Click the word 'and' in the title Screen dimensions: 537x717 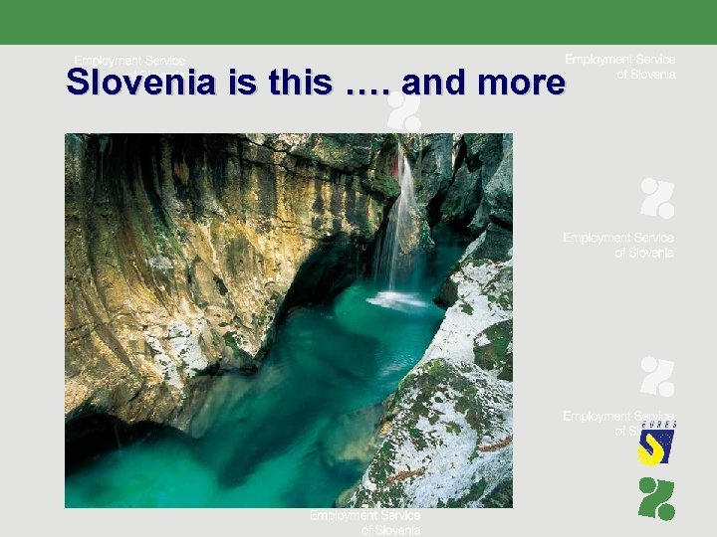point(432,84)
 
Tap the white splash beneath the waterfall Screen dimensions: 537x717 point(396,299)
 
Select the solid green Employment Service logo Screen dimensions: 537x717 point(656,498)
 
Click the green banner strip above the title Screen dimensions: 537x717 point(358,22)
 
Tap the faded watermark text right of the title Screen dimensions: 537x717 point(620,67)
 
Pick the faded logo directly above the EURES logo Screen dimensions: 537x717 point(656,377)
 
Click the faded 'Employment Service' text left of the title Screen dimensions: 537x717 point(129,61)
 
